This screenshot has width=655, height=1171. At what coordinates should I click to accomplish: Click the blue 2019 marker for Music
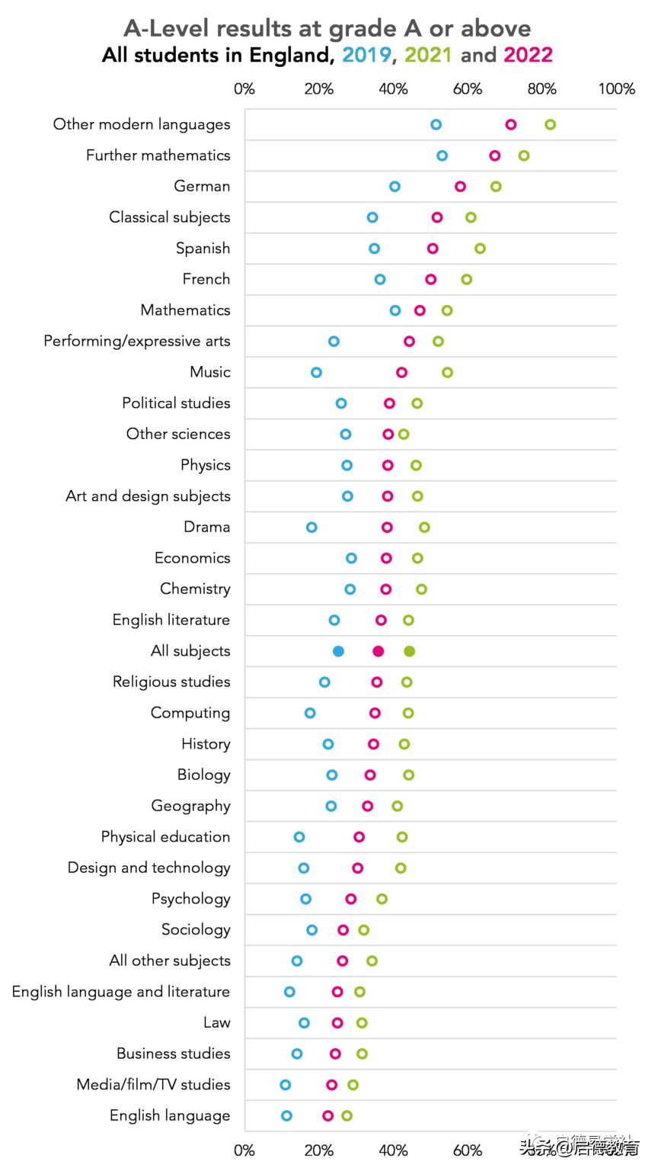tap(316, 372)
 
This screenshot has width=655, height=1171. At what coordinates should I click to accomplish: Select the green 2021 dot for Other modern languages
tap(550, 125)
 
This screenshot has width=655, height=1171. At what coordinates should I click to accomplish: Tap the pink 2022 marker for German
tap(460, 187)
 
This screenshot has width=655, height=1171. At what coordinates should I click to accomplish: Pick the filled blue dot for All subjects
tap(338, 651)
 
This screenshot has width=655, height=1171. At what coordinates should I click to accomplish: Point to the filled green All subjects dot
tap(409, 651)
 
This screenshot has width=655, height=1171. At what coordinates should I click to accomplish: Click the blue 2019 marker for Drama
tap(312, 528)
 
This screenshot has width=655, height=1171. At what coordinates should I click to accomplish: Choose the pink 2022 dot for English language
tap(327, 1115)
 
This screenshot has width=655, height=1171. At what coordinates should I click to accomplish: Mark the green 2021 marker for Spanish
tap(480, 249)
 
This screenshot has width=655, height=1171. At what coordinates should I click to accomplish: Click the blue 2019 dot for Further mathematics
tap(442, 156)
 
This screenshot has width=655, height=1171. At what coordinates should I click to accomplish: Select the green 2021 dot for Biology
tap(408, 775)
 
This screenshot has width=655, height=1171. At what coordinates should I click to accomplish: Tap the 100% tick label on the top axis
tap(616, 89)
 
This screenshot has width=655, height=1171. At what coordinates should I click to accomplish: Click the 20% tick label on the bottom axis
tap(318, 1150)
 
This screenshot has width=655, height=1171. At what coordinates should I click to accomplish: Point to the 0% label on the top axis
tap(244, 89)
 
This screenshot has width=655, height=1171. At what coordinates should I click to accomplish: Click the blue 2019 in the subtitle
tap(366, 55)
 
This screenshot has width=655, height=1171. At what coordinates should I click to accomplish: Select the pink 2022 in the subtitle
tap(528, 55)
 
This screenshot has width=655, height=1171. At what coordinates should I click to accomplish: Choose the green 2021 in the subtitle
tap(428, 55)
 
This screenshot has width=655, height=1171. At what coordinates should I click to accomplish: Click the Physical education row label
tap(165, 836)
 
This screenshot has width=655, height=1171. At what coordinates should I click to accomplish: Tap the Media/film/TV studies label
tap(153, 1084)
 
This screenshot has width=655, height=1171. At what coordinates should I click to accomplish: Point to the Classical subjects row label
tap(169, 217)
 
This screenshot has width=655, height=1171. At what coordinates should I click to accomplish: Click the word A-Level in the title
tap(167, 29)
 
